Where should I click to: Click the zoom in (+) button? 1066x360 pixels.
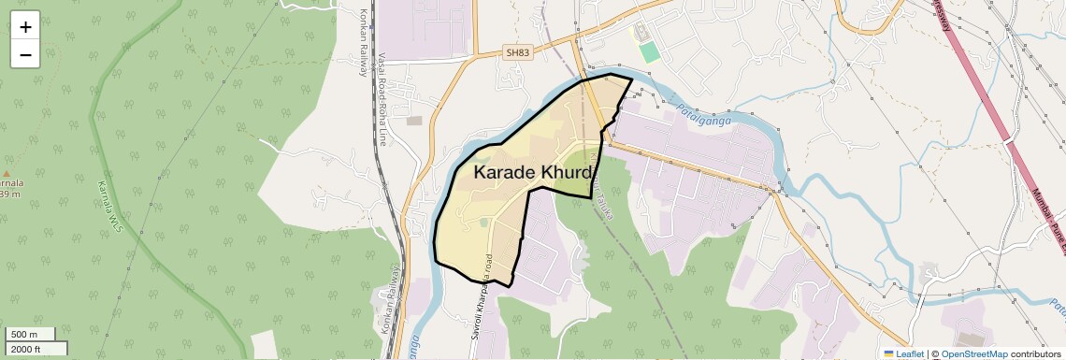25,26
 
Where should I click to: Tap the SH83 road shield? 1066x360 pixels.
516,53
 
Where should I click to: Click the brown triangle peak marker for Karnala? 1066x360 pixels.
7,174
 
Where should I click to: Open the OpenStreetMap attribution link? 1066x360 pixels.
973,353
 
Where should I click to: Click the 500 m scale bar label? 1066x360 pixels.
25,335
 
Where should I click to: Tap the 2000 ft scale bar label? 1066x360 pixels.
26,349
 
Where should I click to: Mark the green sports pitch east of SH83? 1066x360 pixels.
648,51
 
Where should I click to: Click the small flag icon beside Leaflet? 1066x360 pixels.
888,353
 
